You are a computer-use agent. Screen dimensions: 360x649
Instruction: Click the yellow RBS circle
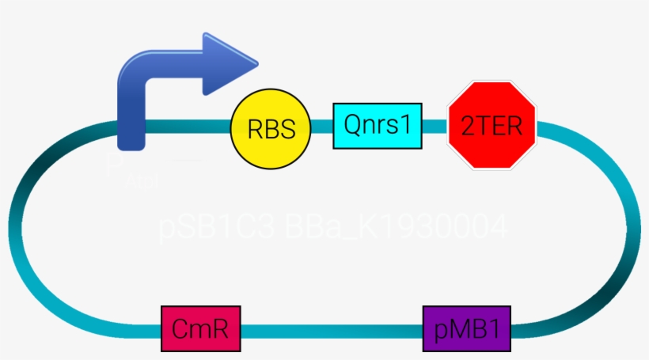tap(271, 128)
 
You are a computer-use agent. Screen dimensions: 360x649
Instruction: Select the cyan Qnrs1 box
tap(378, 125)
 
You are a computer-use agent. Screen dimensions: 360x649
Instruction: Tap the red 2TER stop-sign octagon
tap(492, 125)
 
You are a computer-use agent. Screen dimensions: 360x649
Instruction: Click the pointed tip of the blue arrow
tap(256, 59)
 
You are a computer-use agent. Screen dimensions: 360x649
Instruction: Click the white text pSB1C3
tap(216, 229)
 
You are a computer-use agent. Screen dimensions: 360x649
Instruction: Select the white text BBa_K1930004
tap(396, 229)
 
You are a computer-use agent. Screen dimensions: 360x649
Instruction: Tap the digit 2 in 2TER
tap(467, 127)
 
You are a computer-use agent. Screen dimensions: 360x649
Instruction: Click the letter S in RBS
tap(287, 129)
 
